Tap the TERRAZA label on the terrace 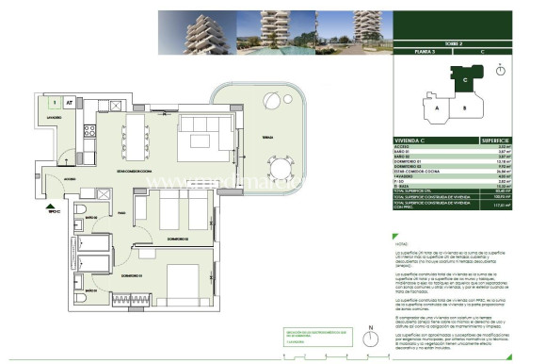tap(268, 138)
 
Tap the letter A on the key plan tap(436, 107)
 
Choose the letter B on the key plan tap(461, 108)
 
